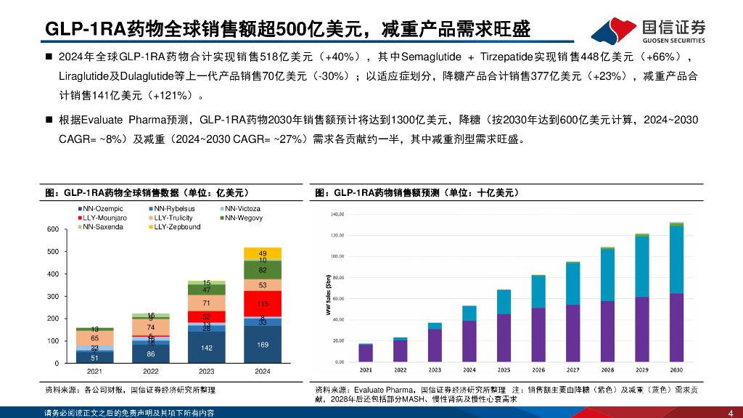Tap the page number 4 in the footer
pos(730,411)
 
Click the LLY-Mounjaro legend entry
pos(102,218)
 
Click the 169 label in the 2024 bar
pos(263,345)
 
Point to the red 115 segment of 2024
pos(263,303)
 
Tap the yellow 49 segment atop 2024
pos(263,253)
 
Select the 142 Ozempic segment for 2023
pos(206,348)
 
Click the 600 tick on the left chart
pos(52,229)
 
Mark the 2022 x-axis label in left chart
pos(150,371)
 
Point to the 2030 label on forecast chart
pos(676,370)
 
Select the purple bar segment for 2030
pos(676,327)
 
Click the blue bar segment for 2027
pos(573,284)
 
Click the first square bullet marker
pos(49,57)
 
